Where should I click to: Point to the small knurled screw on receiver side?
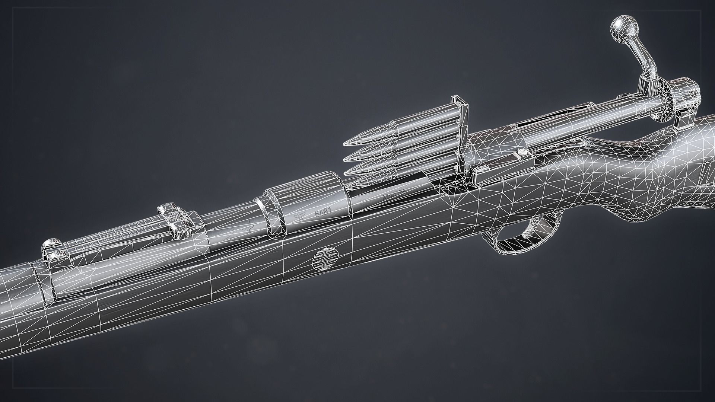[x=522, y=152]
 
